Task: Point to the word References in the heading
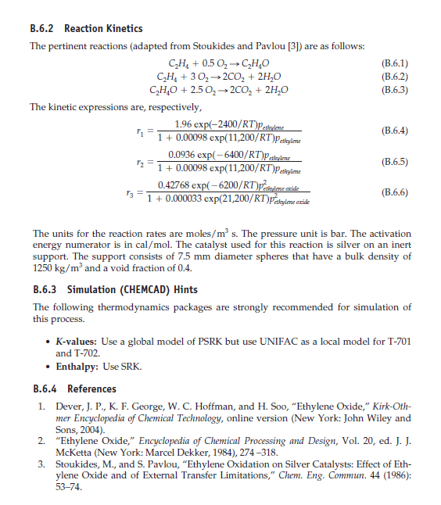click(x=91, y=389)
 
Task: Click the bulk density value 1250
click(x=41, y=267)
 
